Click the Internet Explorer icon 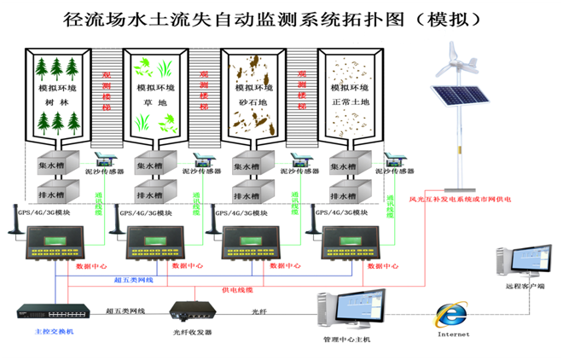pyautogui.click(x=452, y=315)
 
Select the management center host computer pyautogui.click(x=351, y=311)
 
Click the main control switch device pyautogui.click(x=41, y=313)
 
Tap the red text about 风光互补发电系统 pyautogui.click(x=460, y=200)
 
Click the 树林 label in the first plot pyautogui.click(x=55, y=102)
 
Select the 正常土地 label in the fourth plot pyautogui.click(x=351, y=102)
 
